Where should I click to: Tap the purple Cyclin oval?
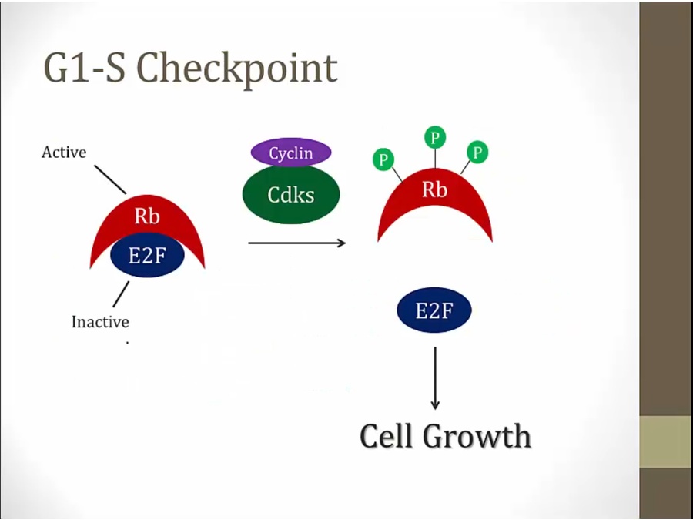(x=291, y=153)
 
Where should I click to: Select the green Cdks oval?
(x=291, y=195)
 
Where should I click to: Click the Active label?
(x=64, y=152)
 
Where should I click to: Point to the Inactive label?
(x=100, y=321)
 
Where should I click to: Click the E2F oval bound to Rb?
(x=147, y=255)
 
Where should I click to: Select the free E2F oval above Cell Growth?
(x=434, y=310)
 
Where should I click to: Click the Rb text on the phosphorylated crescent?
(x=434, y=190)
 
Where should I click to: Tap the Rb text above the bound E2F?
(x=147, y=216)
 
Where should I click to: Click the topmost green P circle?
(x=435, y=138)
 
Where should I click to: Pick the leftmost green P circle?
(x=383, y=159)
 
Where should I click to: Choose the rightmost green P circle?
(x=477, y=152)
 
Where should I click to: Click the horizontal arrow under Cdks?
(x=296, y=243)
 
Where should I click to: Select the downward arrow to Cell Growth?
(x=435, y=378)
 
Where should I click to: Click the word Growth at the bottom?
(x=477, y=437)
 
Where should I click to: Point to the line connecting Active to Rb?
(x=110, y=179)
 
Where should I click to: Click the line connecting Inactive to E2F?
(x=121, y=294)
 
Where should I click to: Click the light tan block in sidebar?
(x=666, y=441)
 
